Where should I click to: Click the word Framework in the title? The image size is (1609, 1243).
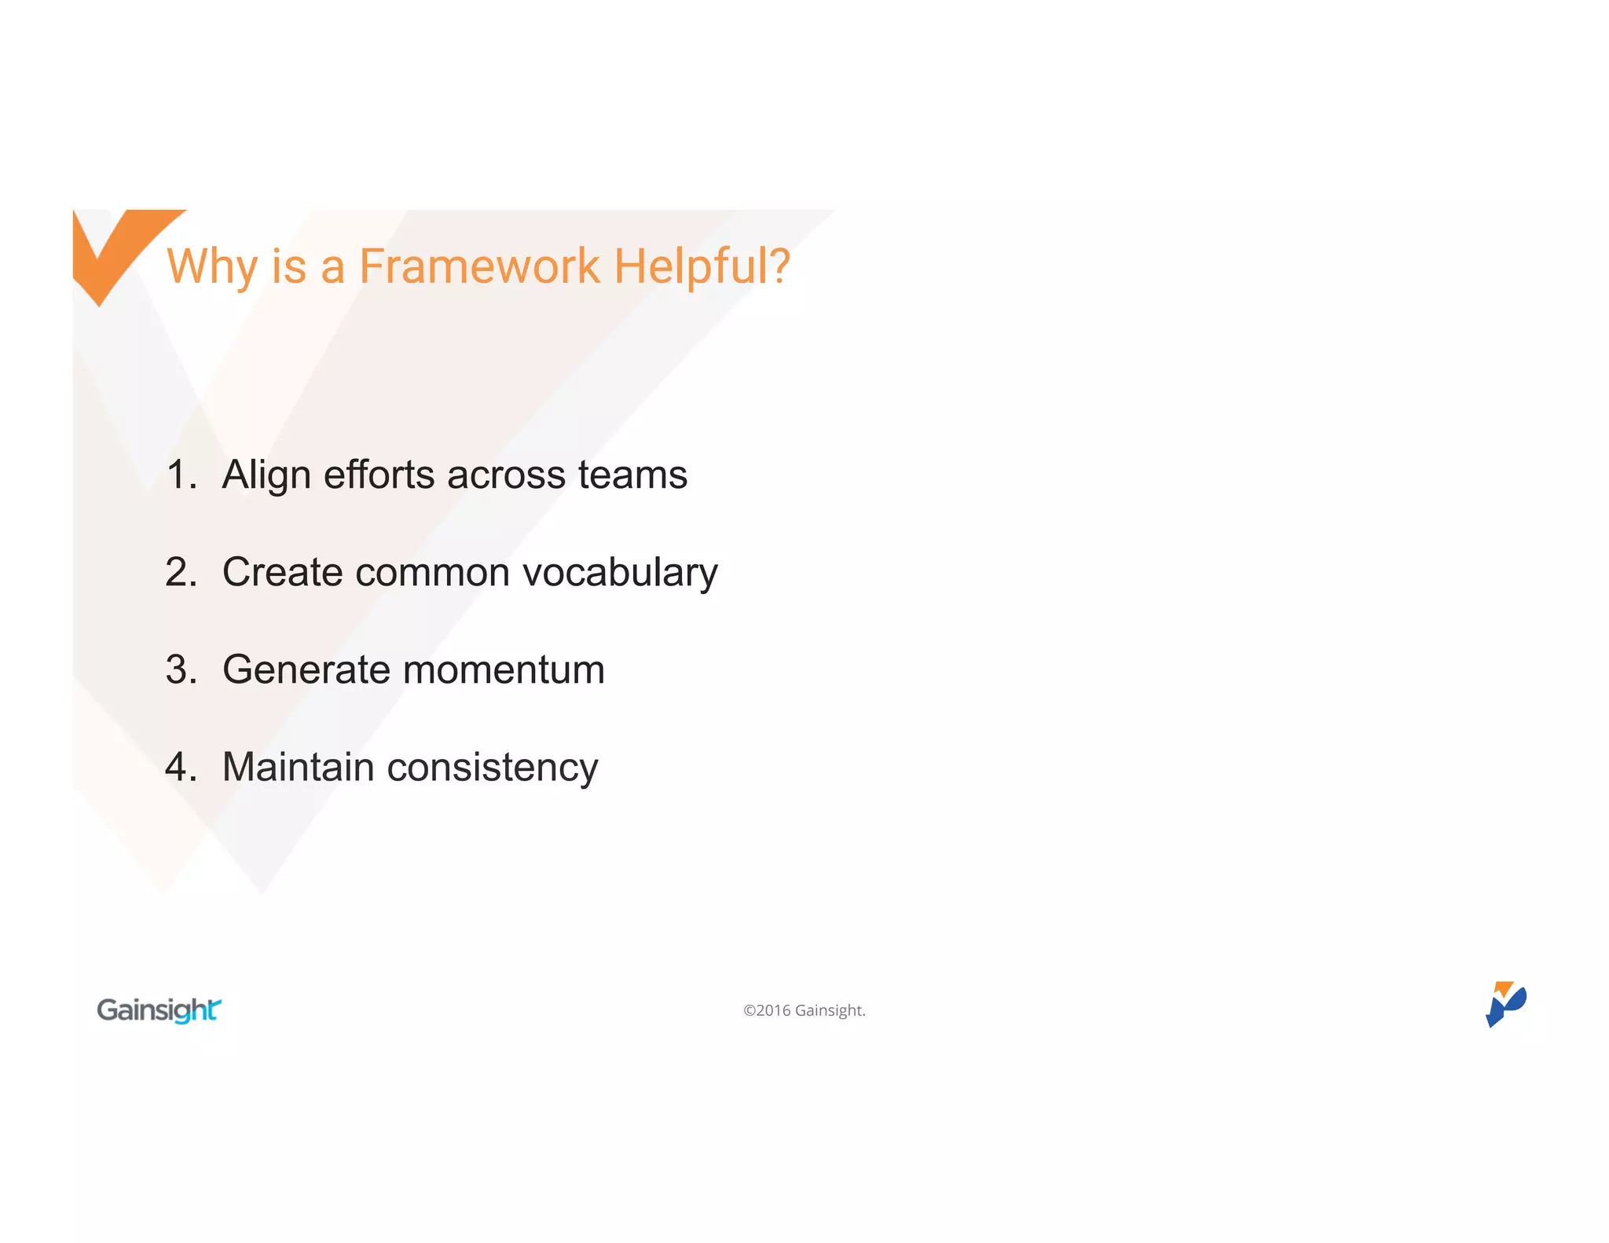coord(479,266)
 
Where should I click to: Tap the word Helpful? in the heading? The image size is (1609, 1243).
coord(702,266)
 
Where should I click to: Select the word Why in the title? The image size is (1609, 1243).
coord(211,267)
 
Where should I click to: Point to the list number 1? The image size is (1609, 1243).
coord(181,475)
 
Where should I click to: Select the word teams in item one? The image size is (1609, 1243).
coord(632,475)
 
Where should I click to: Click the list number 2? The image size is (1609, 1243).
coord(181,572)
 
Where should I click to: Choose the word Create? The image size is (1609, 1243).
coord(282,572)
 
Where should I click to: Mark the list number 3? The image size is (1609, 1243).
coord(181,669)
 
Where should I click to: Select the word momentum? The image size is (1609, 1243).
coord(504,670)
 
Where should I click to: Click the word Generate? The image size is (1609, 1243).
coord(306,670)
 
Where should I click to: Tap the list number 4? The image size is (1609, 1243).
coord(181,767)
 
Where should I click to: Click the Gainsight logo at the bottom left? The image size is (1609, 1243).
coord(159,1010)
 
